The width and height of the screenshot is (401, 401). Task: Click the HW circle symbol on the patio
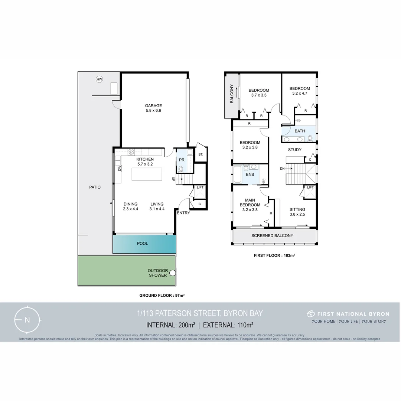(99, 79)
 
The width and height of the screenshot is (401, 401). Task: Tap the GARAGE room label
(153, 106)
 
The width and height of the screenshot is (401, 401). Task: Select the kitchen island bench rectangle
(147, 174)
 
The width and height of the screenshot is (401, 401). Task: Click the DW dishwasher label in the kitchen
(120, 168)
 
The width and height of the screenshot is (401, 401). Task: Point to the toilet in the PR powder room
(181, 169)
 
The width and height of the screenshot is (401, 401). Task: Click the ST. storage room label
(200, 154)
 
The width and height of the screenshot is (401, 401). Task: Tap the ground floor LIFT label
(200, 188)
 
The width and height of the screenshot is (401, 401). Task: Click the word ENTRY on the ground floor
(183, 213)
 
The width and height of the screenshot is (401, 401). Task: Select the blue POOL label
(143, 244)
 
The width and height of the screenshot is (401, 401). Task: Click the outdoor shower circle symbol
(172, 273)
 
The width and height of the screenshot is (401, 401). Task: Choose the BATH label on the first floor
(300, 131)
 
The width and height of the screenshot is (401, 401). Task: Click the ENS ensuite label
(250, 174)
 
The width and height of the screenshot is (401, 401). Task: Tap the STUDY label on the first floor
(295, 150)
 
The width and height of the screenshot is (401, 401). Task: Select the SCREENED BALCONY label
(272, 236)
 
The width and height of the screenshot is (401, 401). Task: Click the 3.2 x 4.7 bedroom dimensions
(300, 93)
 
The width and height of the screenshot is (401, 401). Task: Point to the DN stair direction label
(283, 169)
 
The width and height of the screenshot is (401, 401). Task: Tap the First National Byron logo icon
(311, 314)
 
